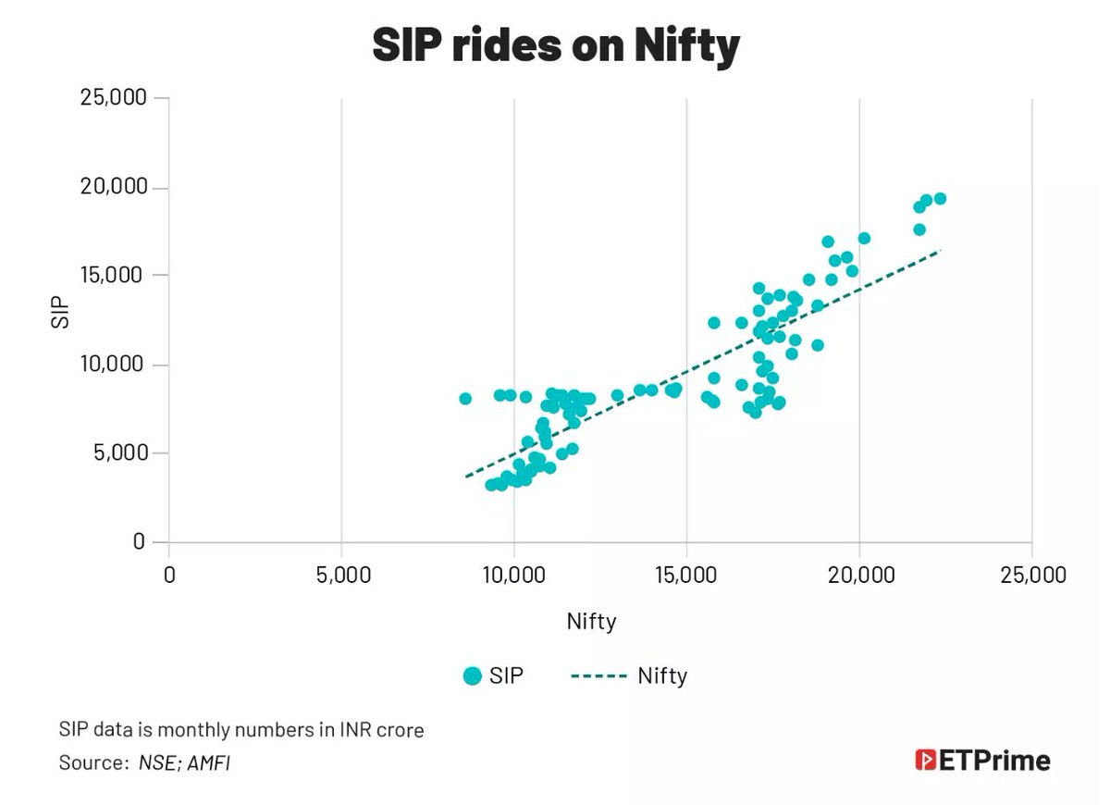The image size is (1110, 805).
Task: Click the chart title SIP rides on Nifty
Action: click(555, 45)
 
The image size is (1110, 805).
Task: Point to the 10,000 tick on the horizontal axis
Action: click(513, 576)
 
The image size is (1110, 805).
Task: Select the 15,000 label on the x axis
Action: click(686, 576)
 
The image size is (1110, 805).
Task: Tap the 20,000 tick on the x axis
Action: click(859, 576)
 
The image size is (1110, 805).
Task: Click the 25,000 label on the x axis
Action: click(1031, 576)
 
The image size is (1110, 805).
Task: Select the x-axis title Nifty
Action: click(591, 622)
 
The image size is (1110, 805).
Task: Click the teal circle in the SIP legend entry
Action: click(473, 676)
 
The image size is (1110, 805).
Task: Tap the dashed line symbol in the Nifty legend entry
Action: click(599, 676)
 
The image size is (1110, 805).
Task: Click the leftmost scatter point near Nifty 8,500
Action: click(465, 399)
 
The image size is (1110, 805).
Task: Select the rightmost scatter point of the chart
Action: click(940, 198)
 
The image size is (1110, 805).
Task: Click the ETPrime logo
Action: click(982, 761)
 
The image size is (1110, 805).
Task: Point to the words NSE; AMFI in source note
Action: click(184, 763)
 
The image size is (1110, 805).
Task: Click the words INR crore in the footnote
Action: click(382, 730)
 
